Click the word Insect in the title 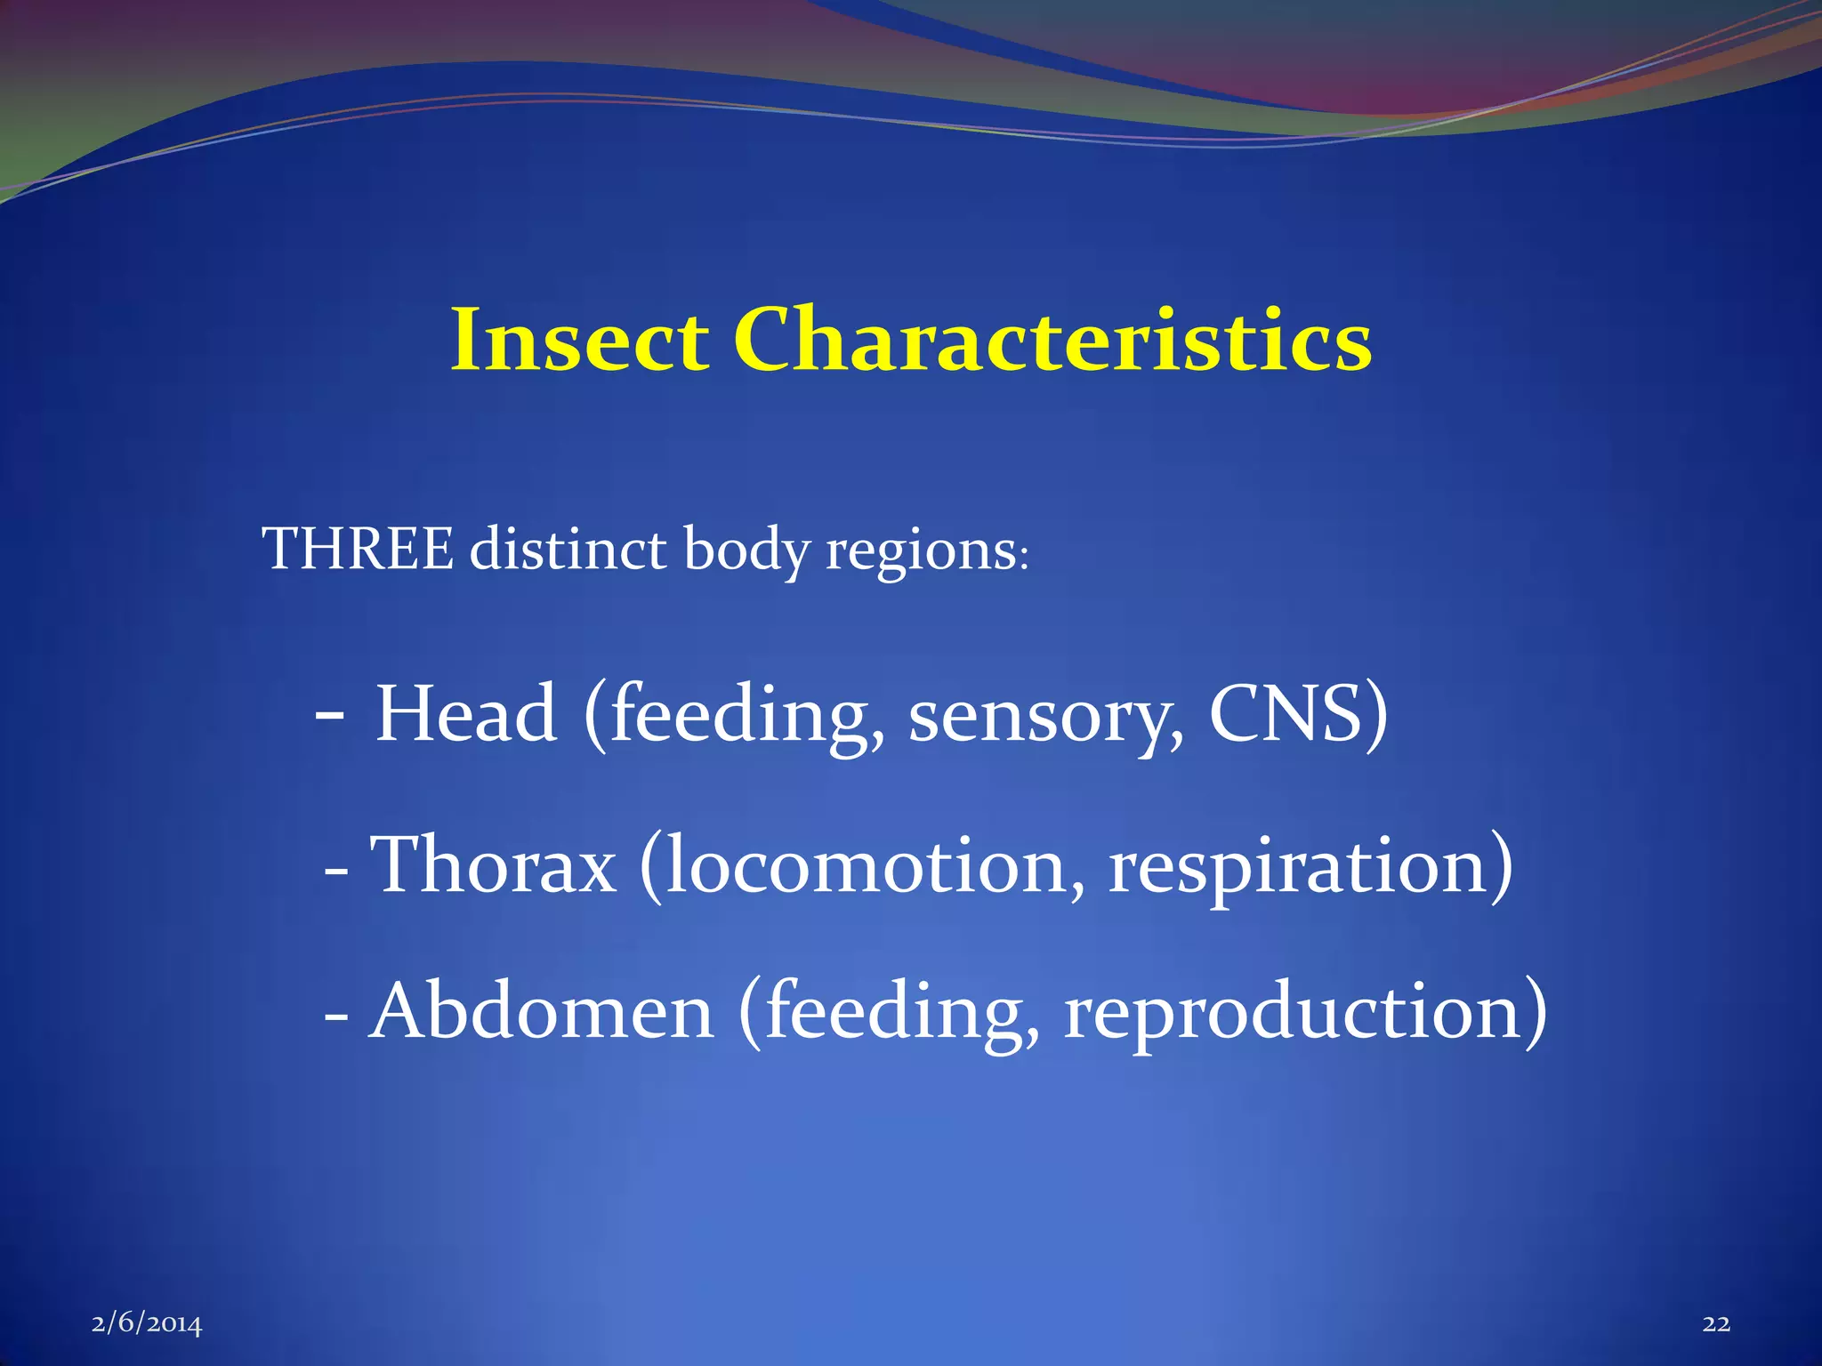(579, 340)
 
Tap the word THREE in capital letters (358, 549)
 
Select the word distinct (568, 549)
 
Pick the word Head (466, 714)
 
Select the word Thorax (493, 864)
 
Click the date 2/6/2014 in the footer (147, 1324)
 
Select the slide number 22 (1716, 1324)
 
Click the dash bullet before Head (330, 714)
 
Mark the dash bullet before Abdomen (335, 1015)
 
